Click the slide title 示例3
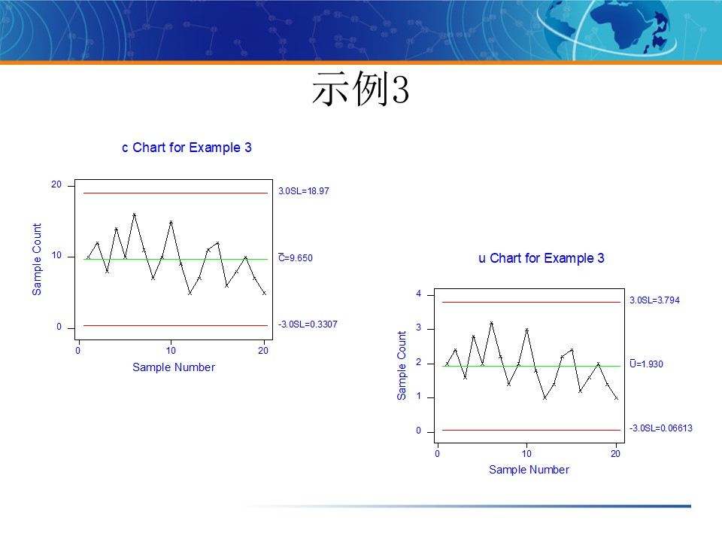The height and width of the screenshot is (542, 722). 360,90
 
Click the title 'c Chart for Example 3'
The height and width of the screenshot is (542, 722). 187,148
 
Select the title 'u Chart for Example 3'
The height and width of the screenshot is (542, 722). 541,258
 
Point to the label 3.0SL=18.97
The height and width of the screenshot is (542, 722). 304,191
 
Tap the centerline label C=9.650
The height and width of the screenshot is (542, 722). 296,258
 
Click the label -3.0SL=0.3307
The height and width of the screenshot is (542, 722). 308,324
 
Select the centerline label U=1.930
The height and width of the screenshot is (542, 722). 646,364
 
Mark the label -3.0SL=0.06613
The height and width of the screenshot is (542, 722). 660,428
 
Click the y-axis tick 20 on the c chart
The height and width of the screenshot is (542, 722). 56,185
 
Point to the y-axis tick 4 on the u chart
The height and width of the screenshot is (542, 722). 419,294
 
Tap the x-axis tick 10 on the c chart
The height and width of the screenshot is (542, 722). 171,351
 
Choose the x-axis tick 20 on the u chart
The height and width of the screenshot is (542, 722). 616,454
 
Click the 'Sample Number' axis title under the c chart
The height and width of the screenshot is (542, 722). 174,367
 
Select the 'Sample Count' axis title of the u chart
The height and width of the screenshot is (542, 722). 402,366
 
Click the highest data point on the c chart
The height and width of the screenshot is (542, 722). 134,215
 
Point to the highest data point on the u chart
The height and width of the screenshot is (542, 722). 491,323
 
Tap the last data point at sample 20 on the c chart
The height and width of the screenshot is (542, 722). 264,293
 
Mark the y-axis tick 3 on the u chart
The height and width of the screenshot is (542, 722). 419,329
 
